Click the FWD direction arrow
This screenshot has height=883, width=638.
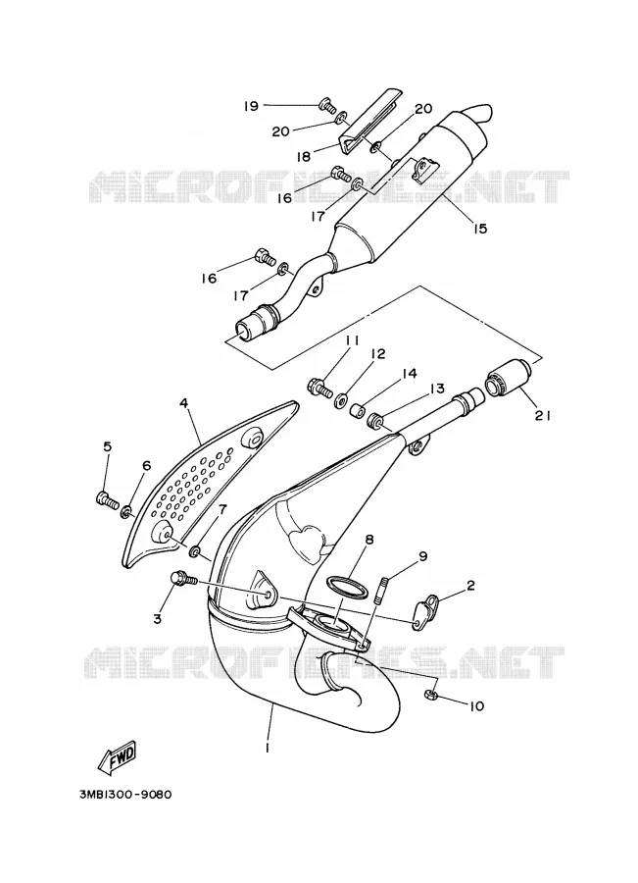tap(117, 756)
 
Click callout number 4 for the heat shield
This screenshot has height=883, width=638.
tap(183, 402)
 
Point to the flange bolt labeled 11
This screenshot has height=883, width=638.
tap(320, 388)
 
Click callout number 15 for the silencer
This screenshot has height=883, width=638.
tap(479, 229)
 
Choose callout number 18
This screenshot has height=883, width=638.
tap(303, 156)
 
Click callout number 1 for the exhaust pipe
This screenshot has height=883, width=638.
tap(268, 748)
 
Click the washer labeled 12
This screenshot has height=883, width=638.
tap(340, 401)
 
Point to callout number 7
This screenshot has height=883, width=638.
tap(222, 509)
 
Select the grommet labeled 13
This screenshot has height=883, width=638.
tap(374, 420)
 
